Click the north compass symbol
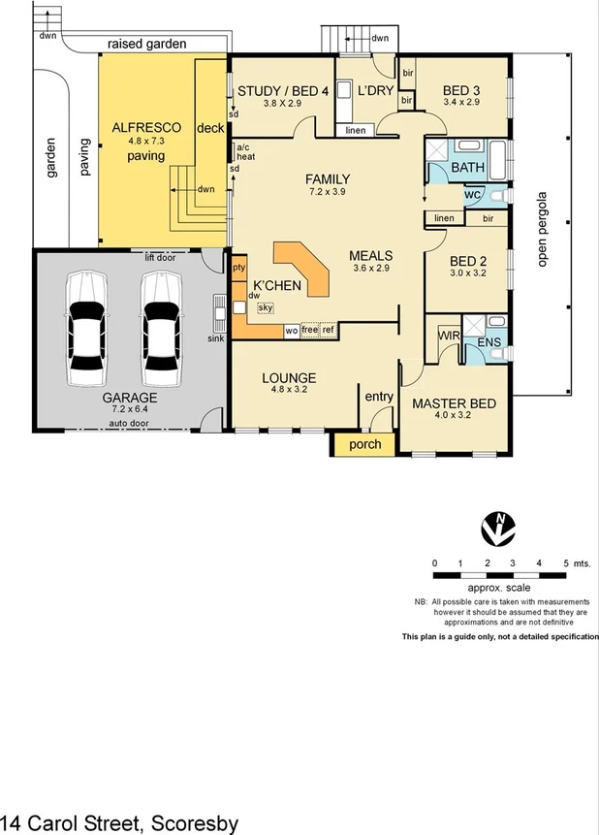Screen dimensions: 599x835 498,529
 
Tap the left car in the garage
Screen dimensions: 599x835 86,329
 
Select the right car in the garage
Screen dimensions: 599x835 161,329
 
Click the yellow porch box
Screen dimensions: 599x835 364,445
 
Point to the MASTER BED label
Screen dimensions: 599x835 455,403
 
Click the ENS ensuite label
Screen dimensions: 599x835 489,342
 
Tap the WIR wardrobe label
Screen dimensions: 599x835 449,336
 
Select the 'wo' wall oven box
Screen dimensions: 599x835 291,331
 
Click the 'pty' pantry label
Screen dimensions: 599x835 239,268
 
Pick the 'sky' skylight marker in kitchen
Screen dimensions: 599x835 266,307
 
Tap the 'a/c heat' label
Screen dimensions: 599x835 245,151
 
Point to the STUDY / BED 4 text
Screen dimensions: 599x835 283,91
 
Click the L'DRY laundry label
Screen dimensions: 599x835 375,90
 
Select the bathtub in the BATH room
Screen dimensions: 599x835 498,160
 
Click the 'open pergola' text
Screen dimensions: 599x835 542,230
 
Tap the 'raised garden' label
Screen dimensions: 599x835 147,44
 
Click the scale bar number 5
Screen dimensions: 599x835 566,563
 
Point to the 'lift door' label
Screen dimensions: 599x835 160,258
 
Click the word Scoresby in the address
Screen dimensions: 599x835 195,823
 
